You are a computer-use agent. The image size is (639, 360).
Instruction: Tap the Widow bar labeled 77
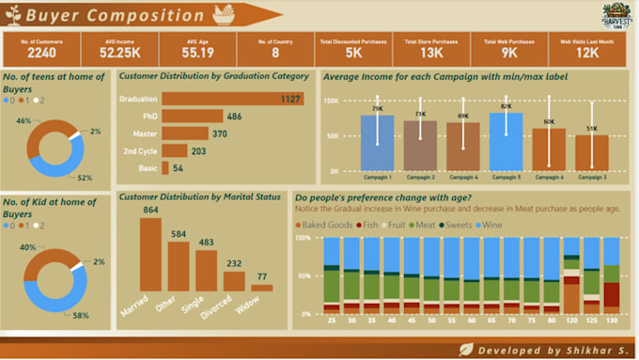click(261, 288)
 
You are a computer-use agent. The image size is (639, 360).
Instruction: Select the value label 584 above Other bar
click(178, 233)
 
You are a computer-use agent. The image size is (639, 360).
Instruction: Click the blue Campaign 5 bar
click(506, 141)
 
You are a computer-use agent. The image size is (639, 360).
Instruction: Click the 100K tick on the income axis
click(331, 100)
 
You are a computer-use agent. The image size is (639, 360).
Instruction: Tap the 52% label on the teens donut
click(85, 178)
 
